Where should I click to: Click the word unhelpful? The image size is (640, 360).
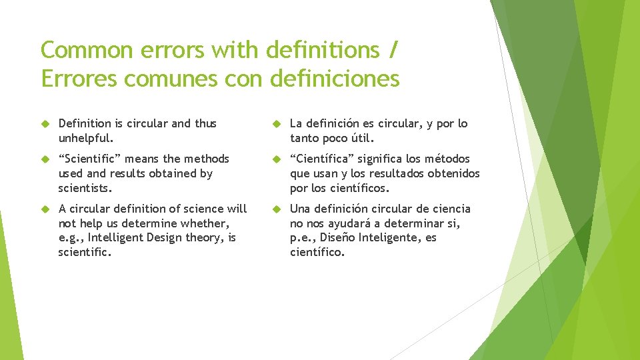tap(86, 138)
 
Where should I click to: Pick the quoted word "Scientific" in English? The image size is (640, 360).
tap(90, 159)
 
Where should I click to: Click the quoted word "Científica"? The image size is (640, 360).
tap(322, 159)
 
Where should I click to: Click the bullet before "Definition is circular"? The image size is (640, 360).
tap(46, 124)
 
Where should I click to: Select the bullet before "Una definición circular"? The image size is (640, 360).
tap(277, 209)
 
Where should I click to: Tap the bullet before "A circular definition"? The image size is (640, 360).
tap(46, 209)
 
